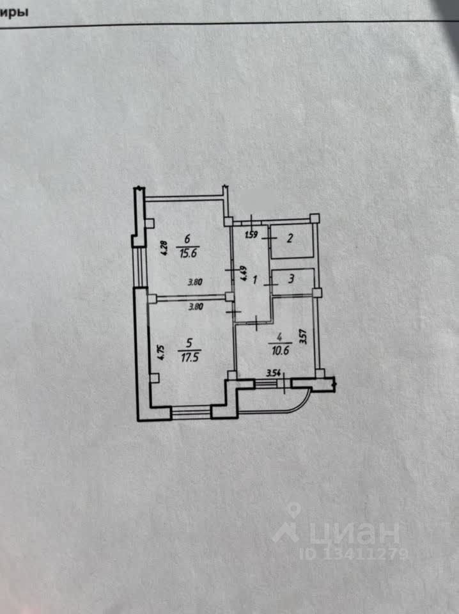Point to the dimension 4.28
[x=164, y=248]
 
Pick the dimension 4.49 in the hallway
[x=243, y=274]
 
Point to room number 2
[x=290, y=239]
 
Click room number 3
[x=291, y=279]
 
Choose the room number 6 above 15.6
[x=186, y=239]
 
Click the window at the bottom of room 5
[x=191, y=413]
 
